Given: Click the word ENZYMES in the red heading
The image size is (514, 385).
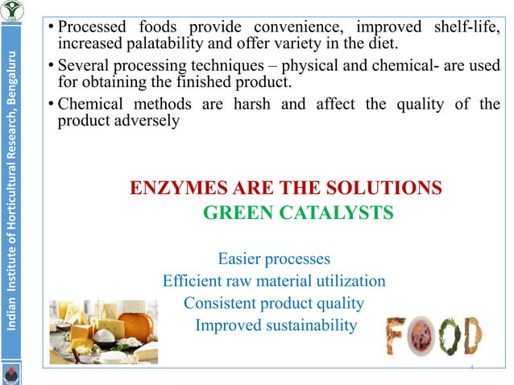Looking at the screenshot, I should [x=172, y=188].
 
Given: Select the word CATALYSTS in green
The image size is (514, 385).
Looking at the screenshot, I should [x=330, y=213].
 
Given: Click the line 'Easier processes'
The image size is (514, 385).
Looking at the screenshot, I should [x=274, y=259].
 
